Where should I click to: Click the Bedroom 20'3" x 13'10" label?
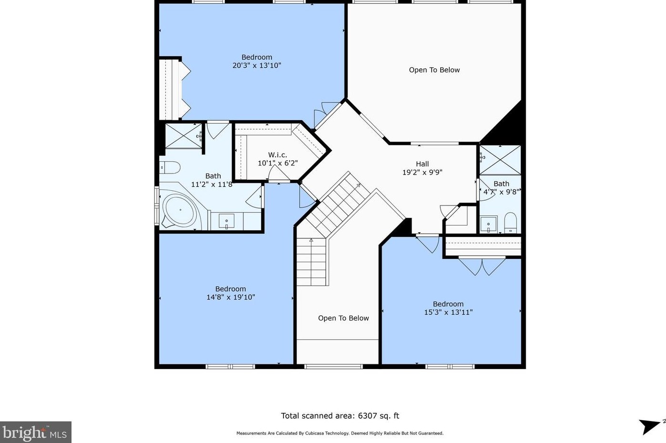click(x=257, y=62)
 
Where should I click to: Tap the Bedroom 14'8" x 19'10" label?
click(x=231, y=293)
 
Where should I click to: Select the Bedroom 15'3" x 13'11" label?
click(x=448, y=308)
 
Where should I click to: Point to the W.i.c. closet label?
click(x=278, y=159)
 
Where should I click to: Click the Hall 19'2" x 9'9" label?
click(x=422, y=168)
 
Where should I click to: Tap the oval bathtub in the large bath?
click(x=180, y=209)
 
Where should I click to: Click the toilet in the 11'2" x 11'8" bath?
click(x=170, y=167)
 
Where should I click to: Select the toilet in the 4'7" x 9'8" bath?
click(x=511, y=223)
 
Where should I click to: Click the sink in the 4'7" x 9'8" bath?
click(x=488, y=224)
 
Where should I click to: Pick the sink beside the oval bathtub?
click(x=227, y=221)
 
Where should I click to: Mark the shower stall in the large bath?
click(x=184, y=136)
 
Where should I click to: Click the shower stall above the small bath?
click(x=500, y=160)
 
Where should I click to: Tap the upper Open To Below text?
click(x=434, y=70)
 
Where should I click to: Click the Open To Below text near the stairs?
click(x=343, y=318)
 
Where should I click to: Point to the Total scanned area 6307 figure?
click(x=340, y=416)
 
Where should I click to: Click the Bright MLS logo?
click(x=36, y=432)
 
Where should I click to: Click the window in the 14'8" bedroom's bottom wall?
click(x=231, y=367)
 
